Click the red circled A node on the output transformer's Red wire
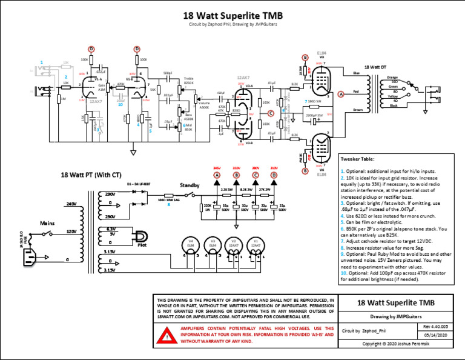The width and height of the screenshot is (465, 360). pyautogui.click(x=340, y=94)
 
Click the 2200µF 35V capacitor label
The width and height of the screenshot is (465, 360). pyautogui.click(x=314, y=114)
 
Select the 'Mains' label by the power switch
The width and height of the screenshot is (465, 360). pyautogui.click(x=48, y=222)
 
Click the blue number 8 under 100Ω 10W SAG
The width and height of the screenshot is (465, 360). pyautogui.click(x=169, y=204)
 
